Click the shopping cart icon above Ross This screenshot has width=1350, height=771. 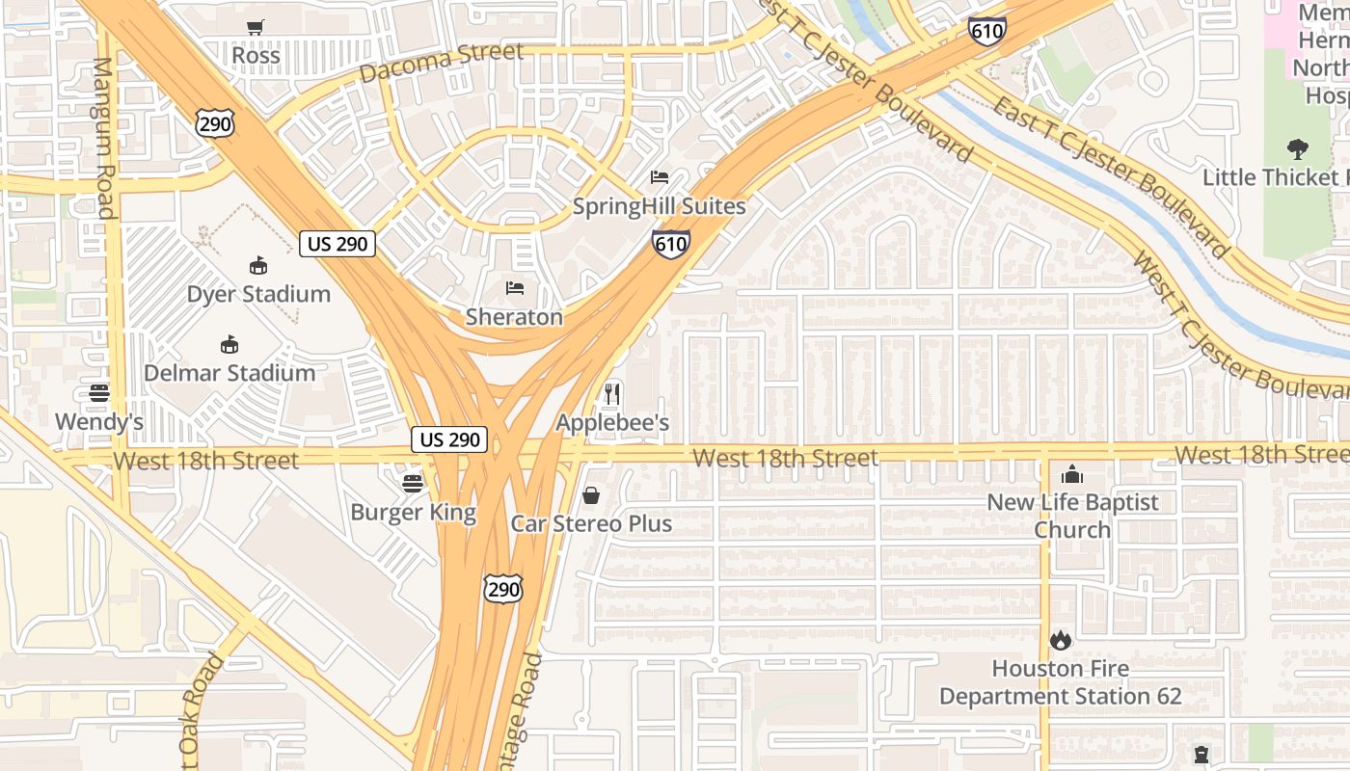[256, 28]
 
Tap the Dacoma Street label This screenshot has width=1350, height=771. [442, 62]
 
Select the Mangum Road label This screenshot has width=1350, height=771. [103, 138]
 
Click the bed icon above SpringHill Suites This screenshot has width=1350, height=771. [660, 177]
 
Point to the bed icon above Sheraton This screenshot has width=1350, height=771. [515, 288]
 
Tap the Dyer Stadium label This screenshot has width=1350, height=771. [258, 294]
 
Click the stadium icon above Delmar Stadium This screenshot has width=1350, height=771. [229, 344]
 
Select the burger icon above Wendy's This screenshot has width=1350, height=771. [98, 393]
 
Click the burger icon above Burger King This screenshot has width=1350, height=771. [413, 484]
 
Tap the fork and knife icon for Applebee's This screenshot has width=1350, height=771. [612, 393]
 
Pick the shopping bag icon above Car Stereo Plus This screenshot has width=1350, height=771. [591, 495]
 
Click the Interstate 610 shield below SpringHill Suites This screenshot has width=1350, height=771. [670, 244]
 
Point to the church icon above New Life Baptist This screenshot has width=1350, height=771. [1072, 474]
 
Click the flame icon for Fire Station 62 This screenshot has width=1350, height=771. [1061, 640]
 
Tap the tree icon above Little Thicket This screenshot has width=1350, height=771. [1298, 149]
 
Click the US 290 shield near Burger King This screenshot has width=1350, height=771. [449, 439]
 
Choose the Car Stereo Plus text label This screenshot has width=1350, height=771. [591, 524]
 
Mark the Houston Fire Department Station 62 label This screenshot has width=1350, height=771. [1061, 682]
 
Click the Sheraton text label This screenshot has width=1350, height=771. [514, 317]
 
